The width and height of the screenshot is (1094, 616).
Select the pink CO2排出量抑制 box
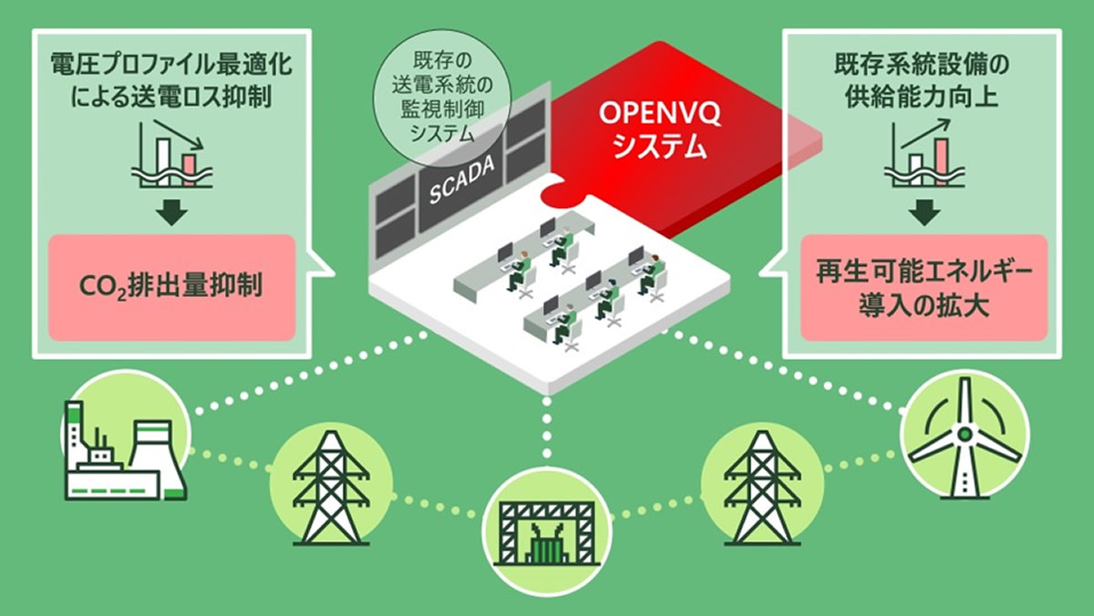[x=171, y=287]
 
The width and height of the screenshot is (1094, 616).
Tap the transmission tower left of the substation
[x=331, y=486]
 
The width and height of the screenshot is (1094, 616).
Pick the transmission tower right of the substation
[x=761, y=486]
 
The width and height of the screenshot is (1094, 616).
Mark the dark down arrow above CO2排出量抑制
[x=171, y=212]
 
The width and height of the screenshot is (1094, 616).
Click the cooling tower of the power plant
[x=155, y=457]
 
